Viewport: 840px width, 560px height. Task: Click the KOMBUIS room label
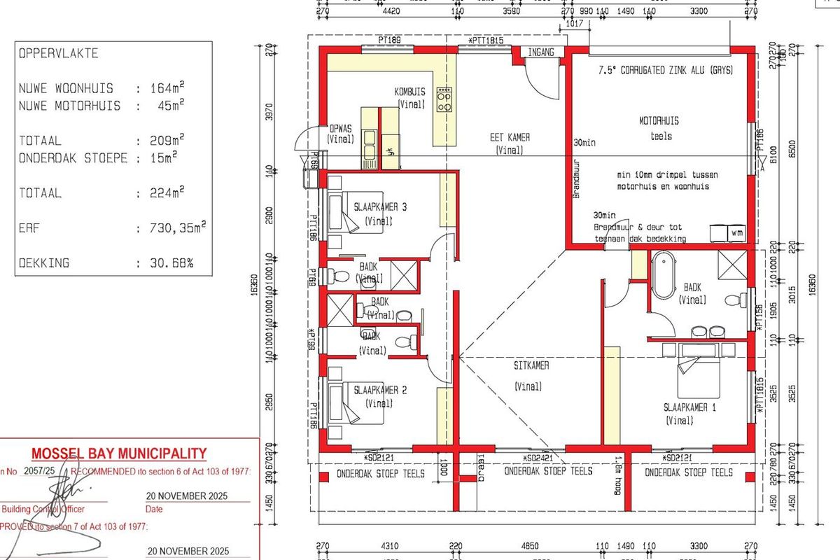coord(410,92)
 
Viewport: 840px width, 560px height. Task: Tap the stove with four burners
coord(444,100)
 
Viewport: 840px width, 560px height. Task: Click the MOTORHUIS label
coord(658,120)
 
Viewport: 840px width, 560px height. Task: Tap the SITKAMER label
coord(531,365)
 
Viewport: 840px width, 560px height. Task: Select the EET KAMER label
coord(510,138)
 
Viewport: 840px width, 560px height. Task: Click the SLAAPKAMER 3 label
coord(381,206)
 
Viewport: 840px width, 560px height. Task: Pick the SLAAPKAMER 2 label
coord(381,390)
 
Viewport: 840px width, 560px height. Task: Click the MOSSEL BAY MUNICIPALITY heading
coord(119,453)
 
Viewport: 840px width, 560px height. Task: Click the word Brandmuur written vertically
coord(577,183)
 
